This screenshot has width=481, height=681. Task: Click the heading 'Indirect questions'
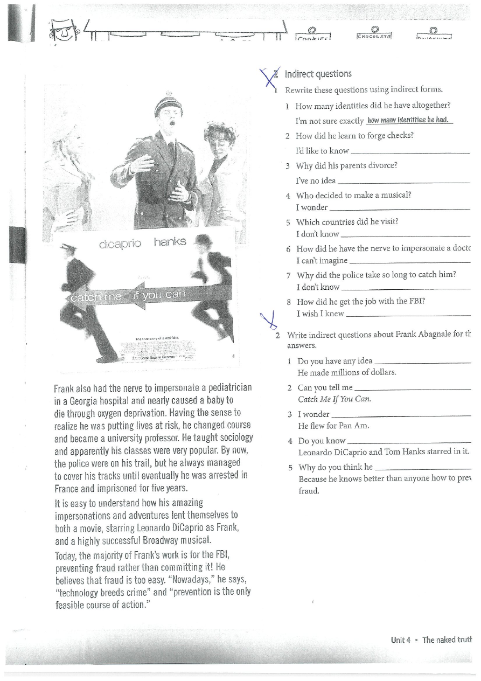[318, 74]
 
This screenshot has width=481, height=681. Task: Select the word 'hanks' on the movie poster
[170, 242]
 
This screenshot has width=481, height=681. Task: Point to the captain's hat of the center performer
[168, 102]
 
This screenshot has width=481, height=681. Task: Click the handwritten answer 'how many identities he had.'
[408, 120]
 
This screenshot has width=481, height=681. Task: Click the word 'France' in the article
[68, 489]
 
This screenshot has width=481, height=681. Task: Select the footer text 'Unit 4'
[401, 640]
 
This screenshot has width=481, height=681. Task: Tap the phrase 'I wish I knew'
[320, 314]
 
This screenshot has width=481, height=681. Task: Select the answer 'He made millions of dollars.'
[347, 372]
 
